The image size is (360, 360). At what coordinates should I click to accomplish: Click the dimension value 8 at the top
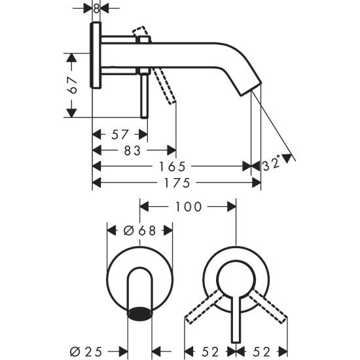pos(97,9)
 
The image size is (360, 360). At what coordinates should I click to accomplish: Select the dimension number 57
pos(119,135)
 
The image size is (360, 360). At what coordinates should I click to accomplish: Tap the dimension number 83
pos(133,151)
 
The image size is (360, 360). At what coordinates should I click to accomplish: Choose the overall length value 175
pos(176,181)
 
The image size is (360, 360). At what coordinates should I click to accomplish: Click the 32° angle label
pos(271,162)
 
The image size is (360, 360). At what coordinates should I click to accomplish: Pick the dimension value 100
pos(188,207)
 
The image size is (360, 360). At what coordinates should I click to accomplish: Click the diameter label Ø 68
pos(139,230)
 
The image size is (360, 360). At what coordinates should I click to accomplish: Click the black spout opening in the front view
pos(139,315)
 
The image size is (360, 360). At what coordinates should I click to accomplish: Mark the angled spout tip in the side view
pos(252,87)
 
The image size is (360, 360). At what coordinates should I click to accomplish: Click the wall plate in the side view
pos(96,56)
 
